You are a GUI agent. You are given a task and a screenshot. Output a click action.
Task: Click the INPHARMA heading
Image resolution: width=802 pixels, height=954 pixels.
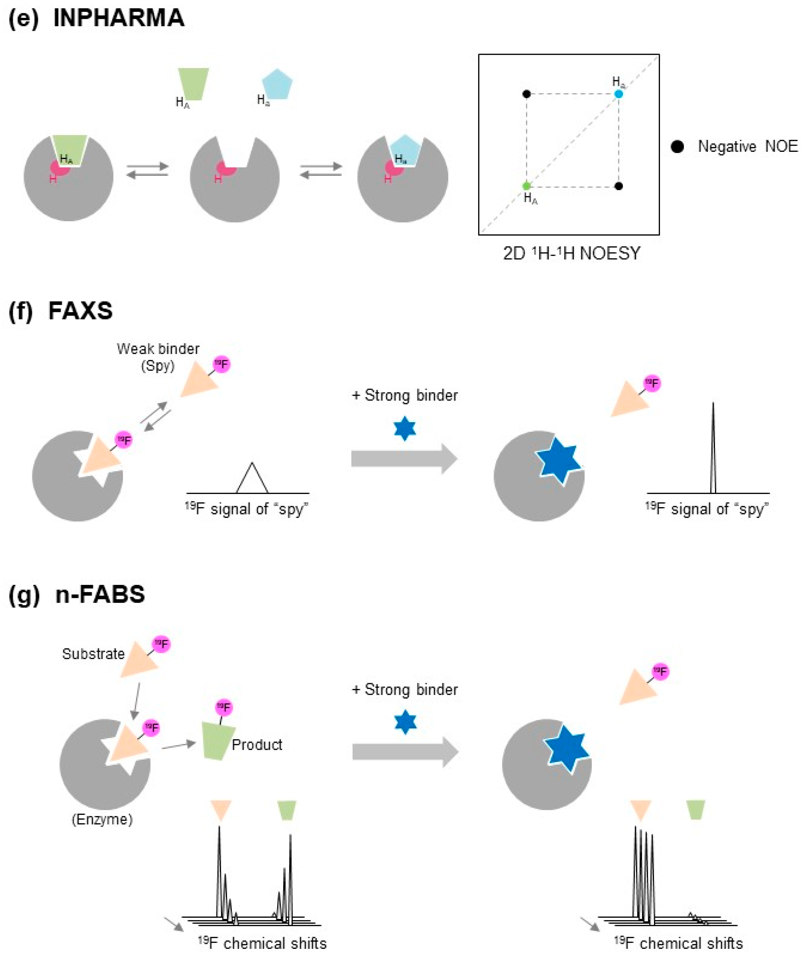coord(118,18)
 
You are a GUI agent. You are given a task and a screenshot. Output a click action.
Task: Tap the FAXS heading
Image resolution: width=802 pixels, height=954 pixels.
coord(80,311)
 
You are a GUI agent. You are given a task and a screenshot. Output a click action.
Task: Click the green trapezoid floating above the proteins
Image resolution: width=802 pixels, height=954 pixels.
coord(193,83)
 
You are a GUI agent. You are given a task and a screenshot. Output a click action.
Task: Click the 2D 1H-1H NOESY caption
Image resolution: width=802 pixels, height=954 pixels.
coord(572,253)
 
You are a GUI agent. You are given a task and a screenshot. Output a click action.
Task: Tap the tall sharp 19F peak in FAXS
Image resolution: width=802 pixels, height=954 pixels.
coord(713,448)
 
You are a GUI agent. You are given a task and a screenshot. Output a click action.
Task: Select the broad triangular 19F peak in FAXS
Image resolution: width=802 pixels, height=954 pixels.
coord(252,478)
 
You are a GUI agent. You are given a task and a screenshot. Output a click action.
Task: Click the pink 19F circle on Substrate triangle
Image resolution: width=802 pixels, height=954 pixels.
coord(161,644)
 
